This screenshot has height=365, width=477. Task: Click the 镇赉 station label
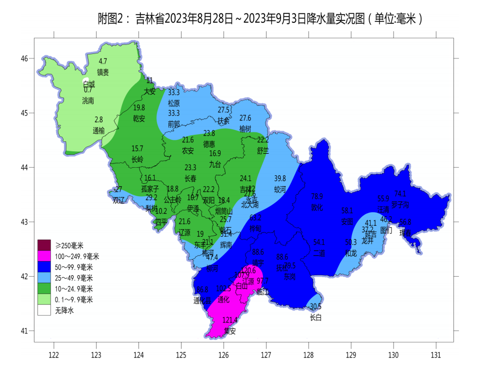[103, 72]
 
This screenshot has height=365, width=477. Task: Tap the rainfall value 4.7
[103, 61]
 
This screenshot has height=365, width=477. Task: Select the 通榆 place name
[98, 131]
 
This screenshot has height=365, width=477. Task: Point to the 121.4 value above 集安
[229, 320]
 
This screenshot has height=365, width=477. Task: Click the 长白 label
[315, 317]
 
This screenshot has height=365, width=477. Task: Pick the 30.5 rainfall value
[315, 307]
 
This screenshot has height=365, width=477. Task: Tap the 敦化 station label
[317, 207]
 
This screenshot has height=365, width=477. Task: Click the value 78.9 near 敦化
[317, 196]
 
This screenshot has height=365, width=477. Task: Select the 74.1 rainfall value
[400, 194]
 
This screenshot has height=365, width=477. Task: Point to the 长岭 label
[137, 159]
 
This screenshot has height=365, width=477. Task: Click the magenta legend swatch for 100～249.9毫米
[44, 256]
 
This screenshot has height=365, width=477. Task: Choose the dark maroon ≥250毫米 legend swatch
[44, 245]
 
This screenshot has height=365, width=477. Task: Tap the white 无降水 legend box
[44, 310]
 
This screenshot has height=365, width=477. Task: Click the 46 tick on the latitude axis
[24, 58]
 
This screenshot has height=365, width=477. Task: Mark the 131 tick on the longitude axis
[436, 355]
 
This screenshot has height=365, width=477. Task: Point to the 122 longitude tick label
[53, 355]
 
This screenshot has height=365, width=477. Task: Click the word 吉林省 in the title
[149, 19]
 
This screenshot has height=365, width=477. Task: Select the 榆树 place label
[245, 129]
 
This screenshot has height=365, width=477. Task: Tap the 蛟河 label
[280, 189]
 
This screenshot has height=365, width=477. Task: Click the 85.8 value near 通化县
[202, 290]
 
